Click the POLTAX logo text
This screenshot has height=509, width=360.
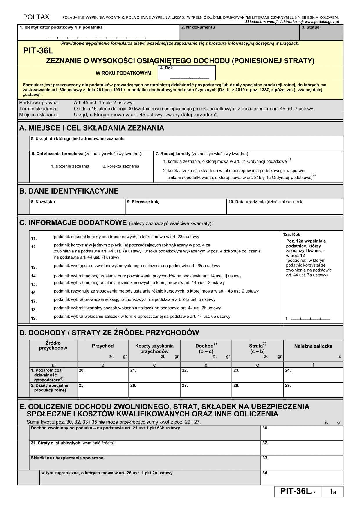point(36,17)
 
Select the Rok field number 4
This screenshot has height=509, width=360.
point(186,73)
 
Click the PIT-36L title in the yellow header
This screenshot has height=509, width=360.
point(39,51)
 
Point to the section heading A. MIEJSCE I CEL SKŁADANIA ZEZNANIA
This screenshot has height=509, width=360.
point(92,128)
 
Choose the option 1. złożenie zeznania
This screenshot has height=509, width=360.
point(70,166)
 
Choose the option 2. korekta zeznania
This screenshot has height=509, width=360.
point(121,166)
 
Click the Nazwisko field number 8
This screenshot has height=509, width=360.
point(77,207)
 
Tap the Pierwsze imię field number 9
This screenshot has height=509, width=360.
point(176,207)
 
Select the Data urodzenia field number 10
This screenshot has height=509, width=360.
point(285,207)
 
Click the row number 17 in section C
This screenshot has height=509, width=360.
point(34,302)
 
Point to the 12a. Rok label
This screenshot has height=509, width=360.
point(291,234)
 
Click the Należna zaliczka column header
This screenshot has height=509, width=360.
point(313,346)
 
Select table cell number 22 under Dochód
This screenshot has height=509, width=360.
point(206,376)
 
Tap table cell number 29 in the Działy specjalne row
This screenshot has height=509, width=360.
point(313,391)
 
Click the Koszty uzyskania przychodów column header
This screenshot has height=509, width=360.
point(154,349)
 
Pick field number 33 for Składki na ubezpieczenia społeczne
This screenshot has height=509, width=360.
point(302,463)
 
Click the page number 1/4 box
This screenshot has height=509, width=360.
point(332,492)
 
